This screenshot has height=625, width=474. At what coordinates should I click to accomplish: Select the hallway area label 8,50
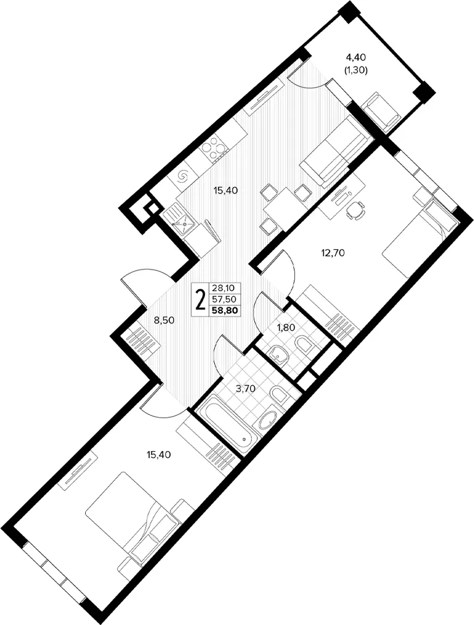click(x=165, y=320)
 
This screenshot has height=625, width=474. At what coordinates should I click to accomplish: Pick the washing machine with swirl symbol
click(x=184, y=175)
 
